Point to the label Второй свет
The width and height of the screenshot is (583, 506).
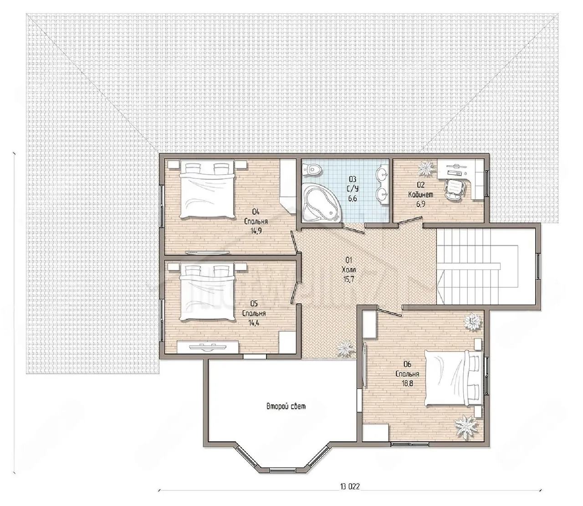(x=286, y=407)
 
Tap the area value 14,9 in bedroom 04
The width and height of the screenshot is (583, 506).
(x=256, y=231)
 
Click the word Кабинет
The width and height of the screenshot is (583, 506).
(x=421, y=195)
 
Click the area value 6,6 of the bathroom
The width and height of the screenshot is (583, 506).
(x=353, y=198)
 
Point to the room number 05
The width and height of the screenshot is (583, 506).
(x=254, y=303)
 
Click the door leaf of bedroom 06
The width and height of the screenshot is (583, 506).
(x=389, y=311)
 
